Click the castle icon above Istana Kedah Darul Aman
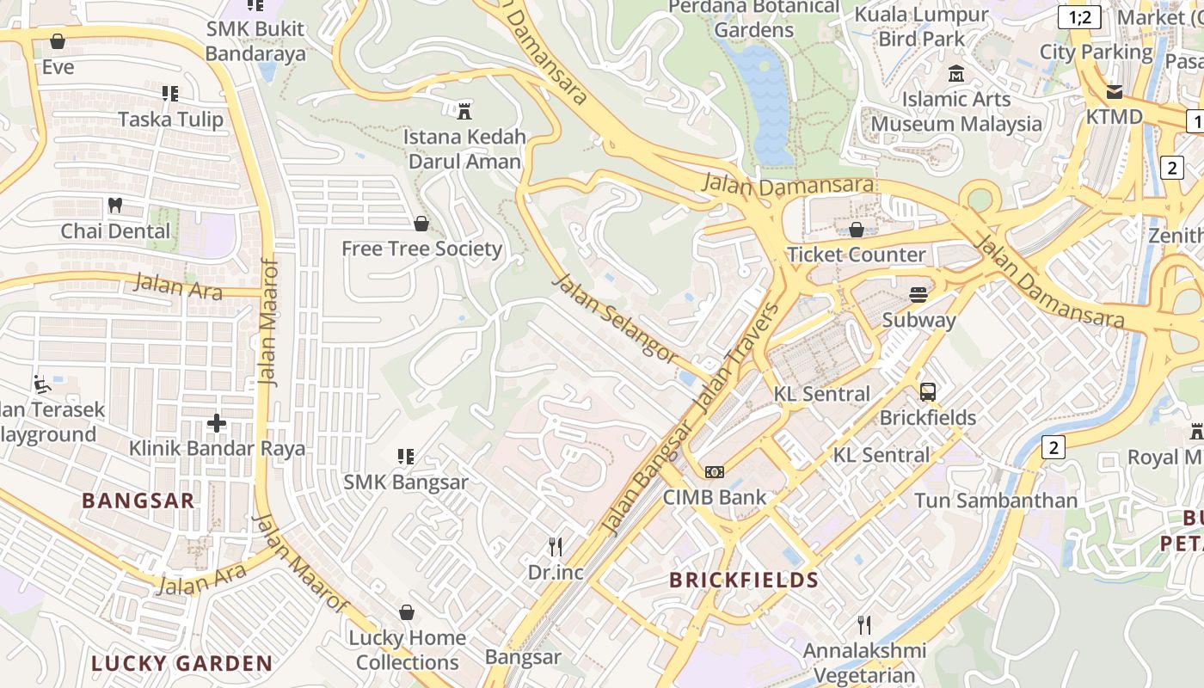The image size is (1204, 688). (x=464, y=110)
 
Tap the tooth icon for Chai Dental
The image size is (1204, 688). (x=114, y=206)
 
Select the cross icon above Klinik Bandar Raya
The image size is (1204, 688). (x=217, y=422)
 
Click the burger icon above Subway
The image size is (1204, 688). (x=918, y=294)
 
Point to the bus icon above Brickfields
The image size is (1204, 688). (x=927, y=392)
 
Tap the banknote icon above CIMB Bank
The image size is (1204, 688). (x=714, y=472)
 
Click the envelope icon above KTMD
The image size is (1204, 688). (x=1114, y=91)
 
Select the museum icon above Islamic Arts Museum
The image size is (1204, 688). (x=955, y=74)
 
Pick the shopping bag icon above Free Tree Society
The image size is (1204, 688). (x=421, y=224)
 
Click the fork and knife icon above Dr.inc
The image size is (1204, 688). (x=556, y=546)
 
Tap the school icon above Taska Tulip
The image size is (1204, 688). (x=170, y=94)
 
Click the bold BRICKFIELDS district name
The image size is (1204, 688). (x=744, y=580)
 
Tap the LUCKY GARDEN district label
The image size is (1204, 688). (x=181, y=663)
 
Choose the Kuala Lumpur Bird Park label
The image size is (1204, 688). (x=921, y=27)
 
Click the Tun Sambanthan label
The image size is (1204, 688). (x=995, y=501)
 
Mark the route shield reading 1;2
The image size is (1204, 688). (x=1079, y=17)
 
